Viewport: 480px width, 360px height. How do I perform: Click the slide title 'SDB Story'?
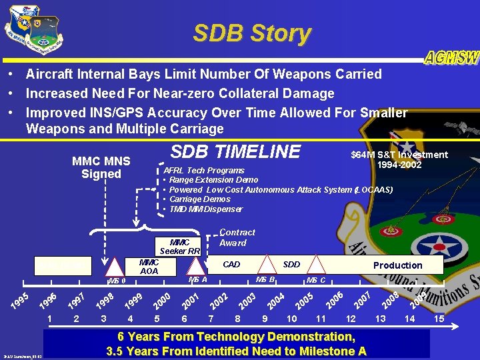(251, 33)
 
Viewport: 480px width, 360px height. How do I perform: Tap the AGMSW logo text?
(451, 58)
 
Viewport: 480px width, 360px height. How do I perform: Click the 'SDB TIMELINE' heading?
(236, 152)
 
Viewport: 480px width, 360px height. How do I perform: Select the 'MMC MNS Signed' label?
(101, 167)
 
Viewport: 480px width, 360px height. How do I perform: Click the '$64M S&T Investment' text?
(399, 155)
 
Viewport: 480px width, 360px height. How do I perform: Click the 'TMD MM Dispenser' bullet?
(206, 209)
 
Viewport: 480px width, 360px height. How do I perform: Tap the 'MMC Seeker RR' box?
(180, 247)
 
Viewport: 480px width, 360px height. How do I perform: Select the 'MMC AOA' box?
(149, 267)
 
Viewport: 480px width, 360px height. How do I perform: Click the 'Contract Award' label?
(237, 237)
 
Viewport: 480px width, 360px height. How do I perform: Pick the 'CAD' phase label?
(231, 265)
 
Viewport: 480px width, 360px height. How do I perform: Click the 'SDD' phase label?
(291, 265)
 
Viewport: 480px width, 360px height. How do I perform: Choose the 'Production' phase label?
(397, 265)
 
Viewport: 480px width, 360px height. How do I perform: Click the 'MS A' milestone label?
(198, 279)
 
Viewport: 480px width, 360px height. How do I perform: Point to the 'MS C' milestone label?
(315, 280)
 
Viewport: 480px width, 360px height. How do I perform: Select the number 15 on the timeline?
(439, 319)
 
